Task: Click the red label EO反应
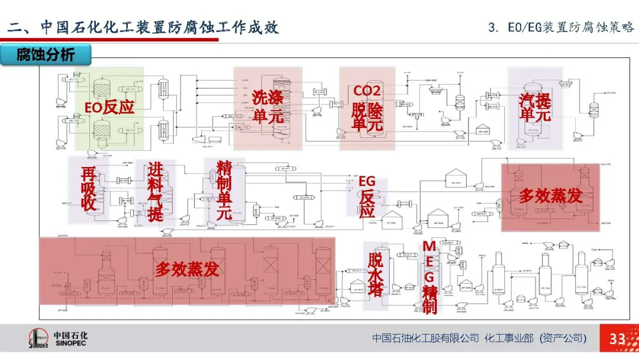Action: pyautogui.click(x=109, y=108)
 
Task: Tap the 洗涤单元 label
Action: pyautogui.click(x=267, y=107)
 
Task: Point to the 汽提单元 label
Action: pyautogui.click(x=535, y=107)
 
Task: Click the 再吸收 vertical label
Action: pyautogui.click(x=89, y=189)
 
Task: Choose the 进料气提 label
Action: pyautogui.click(x=155, y=192)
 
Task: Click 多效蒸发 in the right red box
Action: pyautogui.click(x=550, y=196)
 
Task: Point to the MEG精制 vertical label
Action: pyautogui.click(x=430, y=277)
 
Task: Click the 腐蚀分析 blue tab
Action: pyautogui.click(x=46, y=55)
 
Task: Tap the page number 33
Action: pyautogui.click(x=617, y=339)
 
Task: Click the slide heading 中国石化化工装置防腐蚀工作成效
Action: pyautogui.click(x=142, y=27)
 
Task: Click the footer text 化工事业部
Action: pyautogui.click(x=509, y=338)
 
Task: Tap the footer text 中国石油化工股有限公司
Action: pyautogui.click(x=425, y=338)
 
